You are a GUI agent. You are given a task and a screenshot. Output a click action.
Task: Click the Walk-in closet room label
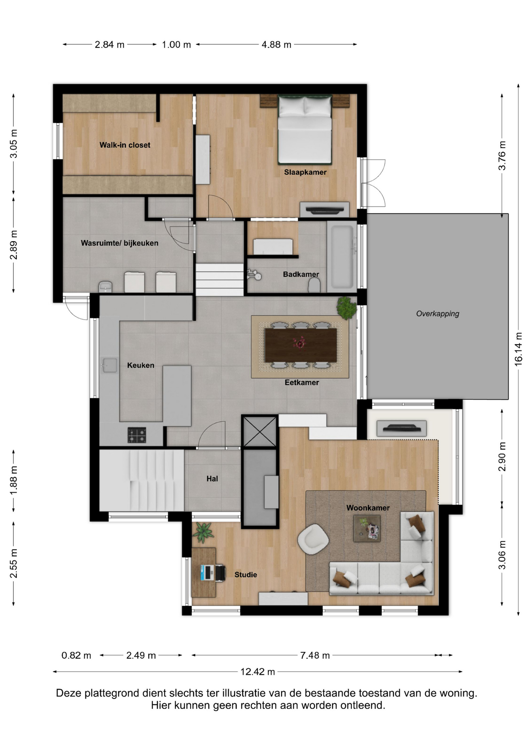pos(125,145)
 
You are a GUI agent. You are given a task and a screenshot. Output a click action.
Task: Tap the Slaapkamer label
pos(305,172)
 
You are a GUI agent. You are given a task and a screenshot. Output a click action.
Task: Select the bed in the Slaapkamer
pos(305,129)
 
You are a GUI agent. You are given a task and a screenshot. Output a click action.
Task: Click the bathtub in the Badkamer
pos(342,257)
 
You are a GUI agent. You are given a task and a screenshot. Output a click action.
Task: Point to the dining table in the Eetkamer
pos(300,345)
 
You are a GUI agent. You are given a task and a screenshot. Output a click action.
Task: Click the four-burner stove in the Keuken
pos(137,435)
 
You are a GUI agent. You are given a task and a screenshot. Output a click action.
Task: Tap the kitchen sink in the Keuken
pos(109,365)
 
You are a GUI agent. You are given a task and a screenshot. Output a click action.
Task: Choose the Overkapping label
pos(438,313)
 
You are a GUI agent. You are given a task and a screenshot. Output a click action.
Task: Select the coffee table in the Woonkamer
pos(367,528)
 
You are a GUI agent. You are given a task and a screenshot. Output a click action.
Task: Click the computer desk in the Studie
pos(204,572)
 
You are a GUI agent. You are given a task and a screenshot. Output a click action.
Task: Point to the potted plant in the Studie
pos(203,533)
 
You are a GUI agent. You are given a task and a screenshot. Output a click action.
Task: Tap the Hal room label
pos(212,479)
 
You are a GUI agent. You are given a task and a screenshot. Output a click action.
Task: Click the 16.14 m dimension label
pos(518,349)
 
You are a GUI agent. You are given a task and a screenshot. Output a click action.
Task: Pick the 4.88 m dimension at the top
pos(277,45)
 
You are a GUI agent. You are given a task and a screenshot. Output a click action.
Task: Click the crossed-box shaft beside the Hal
pos(260,432)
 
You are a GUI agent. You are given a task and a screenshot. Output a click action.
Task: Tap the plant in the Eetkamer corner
pos(347,307)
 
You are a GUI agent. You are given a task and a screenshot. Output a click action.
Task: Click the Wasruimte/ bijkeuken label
pos(119,243)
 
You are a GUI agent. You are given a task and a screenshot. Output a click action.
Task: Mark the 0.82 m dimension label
pos(76,655)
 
